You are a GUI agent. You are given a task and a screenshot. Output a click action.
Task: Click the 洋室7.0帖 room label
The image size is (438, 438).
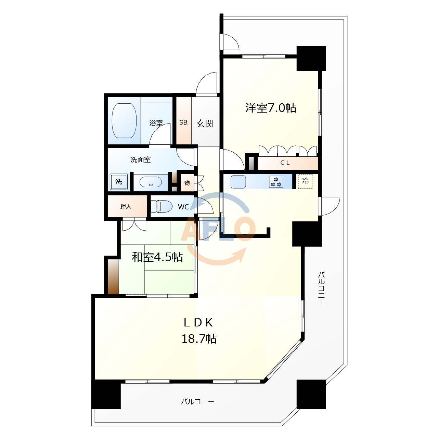point(270,108)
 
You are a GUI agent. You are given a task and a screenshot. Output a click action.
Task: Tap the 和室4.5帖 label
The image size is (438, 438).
point(157,257)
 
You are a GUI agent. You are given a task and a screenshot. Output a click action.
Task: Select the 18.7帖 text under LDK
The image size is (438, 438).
point(199,339)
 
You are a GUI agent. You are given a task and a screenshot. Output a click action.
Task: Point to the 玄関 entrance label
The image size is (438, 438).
point(205,124)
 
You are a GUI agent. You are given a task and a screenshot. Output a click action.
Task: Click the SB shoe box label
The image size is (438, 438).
point(183,123)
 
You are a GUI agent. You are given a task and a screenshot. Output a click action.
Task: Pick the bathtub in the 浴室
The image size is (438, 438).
point(124,121)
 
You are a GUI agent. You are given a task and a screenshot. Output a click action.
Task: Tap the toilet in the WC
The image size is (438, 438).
point(162,206)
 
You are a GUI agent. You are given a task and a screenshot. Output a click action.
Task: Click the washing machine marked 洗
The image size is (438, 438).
point(118,182)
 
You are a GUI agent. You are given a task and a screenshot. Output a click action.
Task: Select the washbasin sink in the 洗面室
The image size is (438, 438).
point(151,182)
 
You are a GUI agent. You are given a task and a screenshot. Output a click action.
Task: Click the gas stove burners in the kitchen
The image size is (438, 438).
point(276,182)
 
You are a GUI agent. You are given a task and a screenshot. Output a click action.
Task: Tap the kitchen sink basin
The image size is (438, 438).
point(238,182)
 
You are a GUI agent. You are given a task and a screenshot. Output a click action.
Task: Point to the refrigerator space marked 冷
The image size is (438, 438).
point(306,181)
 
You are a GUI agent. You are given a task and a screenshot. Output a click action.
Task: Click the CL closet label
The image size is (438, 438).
point(285,163)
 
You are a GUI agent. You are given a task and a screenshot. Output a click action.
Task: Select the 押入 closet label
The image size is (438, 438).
point(126,206)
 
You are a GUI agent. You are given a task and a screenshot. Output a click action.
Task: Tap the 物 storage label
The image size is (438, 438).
point(187,183)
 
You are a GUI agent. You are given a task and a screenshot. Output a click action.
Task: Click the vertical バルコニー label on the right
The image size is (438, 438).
point(321,288)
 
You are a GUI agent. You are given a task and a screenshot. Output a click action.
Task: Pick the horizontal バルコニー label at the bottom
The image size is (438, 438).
point(197,402)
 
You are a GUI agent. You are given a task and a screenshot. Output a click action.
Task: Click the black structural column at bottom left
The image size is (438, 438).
point(106,394)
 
